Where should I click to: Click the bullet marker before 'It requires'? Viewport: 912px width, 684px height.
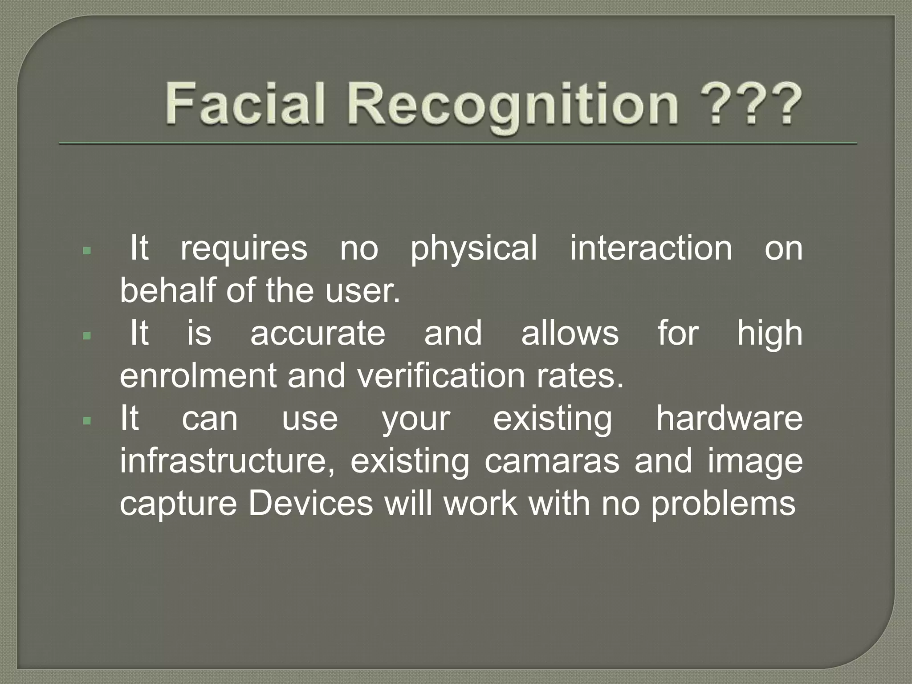click(x=87, y=251)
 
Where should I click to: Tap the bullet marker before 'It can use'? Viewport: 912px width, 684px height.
click(x=87, y=420)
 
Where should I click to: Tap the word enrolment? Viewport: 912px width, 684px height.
click(x=198, y=375)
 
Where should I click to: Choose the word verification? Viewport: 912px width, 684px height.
click(x=441, y=375)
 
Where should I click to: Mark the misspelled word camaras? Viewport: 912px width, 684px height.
click(x=552, y=461)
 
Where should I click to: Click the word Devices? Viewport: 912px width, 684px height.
click(x=310, y=504)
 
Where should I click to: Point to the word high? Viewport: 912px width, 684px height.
click(x=770, y=334)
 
